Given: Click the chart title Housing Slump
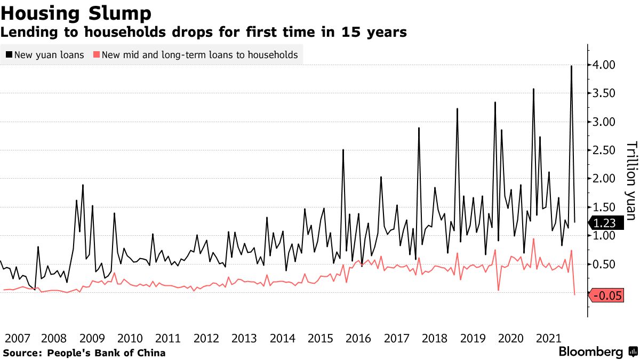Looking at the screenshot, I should coord(76,13).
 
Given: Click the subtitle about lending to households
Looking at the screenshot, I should coord(204,33).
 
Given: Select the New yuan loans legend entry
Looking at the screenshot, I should coord(45,55).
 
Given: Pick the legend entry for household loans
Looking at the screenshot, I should coord(195,55).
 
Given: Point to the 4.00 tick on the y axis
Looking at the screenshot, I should coord(605,65).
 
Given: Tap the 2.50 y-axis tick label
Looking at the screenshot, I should coord(605,150).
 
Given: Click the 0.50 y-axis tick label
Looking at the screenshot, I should coord(605,265).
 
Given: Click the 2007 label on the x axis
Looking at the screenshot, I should coord(17,339).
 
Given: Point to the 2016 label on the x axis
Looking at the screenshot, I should coord(358,339).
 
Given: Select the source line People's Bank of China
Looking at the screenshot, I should coord(84,353).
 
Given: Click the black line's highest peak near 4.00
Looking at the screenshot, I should coord(571,66).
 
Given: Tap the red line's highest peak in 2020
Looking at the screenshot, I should coord(533,239).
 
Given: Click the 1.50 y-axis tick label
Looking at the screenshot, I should coord(605,207).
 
